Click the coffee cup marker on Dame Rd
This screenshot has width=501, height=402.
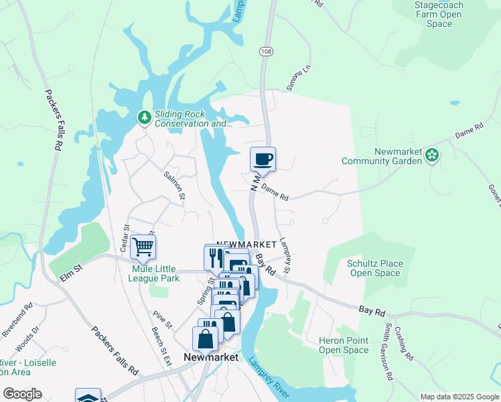tap(263, 159)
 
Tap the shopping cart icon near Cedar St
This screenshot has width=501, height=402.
tap(143, 247)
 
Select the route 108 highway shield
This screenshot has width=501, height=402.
tap(265, 51)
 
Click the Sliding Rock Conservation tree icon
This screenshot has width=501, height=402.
tap(144, 118)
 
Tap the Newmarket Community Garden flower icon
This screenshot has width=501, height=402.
tap(432, 156)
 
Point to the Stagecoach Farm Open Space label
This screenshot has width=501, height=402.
tap(439, 14)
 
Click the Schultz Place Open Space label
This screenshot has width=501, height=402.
tap(375, 268)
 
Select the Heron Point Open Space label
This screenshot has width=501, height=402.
tap(344, 345)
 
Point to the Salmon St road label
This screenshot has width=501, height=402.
tap(174, 184)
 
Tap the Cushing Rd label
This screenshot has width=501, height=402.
tap(405, 344)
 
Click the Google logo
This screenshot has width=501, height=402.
tap(22, 394)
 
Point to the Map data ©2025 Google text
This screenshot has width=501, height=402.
tap(459, 397)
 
